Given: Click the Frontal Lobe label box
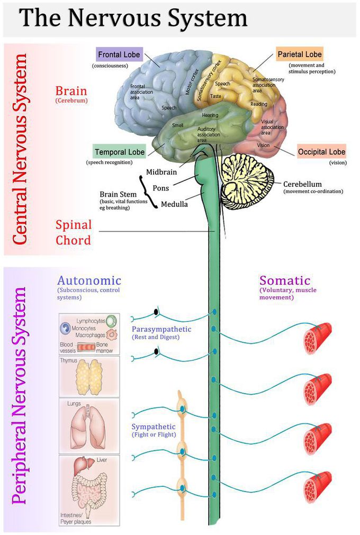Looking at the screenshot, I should (119, 55).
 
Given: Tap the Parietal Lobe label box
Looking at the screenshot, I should (299, 54).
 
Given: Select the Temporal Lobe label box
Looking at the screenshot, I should (119, 152).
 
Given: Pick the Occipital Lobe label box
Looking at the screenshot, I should (321, 152).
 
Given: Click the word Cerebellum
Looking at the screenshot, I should (303, 184).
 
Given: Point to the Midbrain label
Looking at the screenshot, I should (162, 172).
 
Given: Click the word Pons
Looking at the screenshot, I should (161, 188).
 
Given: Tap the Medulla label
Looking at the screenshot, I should (174, 204).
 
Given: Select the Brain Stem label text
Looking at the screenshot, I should (118, 194).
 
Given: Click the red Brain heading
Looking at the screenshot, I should (70, 90).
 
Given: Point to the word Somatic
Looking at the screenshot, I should (285, 280).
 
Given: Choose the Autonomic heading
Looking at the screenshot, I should (89, 280).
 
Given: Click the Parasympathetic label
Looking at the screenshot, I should (161, 329).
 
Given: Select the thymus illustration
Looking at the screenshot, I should (88, 377).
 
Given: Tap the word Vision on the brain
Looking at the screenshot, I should (263, 145).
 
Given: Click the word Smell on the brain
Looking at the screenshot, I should (177, 125).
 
